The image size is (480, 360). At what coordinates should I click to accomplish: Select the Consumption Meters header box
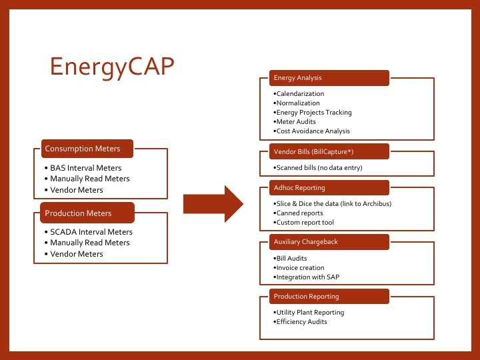[x=87, y=149]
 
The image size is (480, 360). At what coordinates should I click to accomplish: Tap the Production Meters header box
[x=87, y=213]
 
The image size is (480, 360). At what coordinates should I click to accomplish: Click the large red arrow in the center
[x=214, y=205]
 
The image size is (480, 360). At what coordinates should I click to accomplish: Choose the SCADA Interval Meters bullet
[x=91, y=232]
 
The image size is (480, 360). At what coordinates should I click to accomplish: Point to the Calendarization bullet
[x=299, y=94]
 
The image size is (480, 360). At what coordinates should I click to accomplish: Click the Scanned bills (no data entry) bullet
[x=318, y=168]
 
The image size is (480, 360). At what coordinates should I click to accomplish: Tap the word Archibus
[x=376, y=203]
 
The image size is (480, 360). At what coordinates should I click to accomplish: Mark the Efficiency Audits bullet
[x=301, y=321]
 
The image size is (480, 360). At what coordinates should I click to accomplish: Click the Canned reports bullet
[x=299, y=213]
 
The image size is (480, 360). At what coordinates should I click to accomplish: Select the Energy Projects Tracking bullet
[x=313, y=113]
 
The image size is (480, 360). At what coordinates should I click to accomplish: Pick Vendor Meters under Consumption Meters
[x=77, y=190]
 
